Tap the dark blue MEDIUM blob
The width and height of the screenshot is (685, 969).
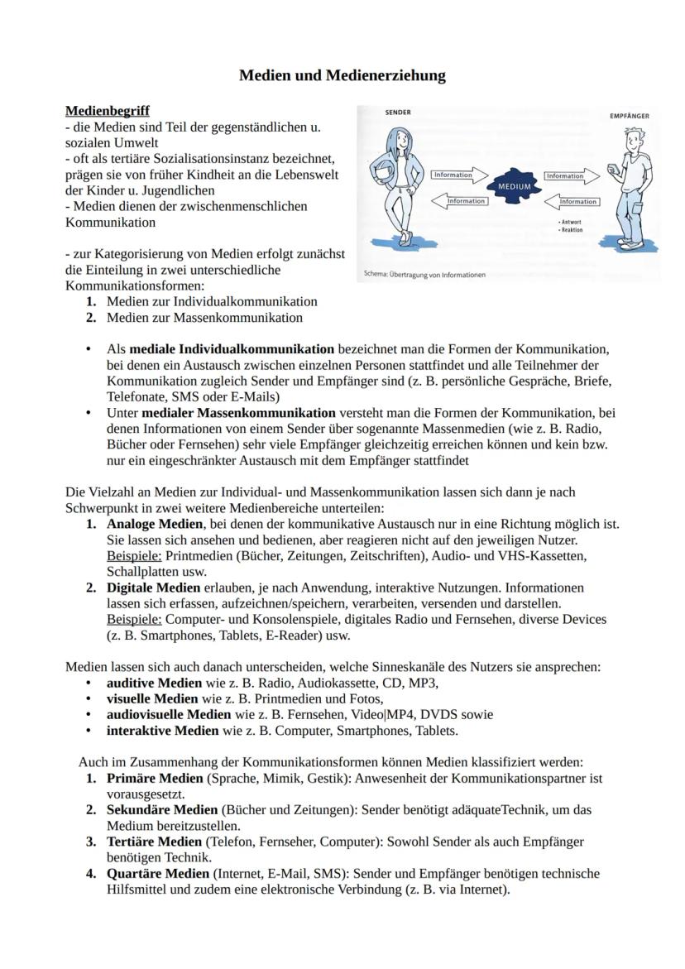click(513, 187)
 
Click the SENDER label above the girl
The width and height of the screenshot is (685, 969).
click(398, 113)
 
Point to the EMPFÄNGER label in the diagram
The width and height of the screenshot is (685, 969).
click(629, 117)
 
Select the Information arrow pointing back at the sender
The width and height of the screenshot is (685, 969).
click(464, 201)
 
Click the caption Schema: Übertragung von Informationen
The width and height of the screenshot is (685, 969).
click(424, 275)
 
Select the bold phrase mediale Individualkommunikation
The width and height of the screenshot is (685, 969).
click(232, 349)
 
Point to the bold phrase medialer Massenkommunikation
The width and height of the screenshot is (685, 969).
click(238, 412)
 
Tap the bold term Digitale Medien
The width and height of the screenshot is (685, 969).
click(154, 588)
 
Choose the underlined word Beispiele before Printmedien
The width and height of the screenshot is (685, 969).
click(134, 556)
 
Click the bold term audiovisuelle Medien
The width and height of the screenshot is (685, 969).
click(169, 714)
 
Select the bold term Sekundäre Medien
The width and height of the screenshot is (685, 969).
click(162, 809)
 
